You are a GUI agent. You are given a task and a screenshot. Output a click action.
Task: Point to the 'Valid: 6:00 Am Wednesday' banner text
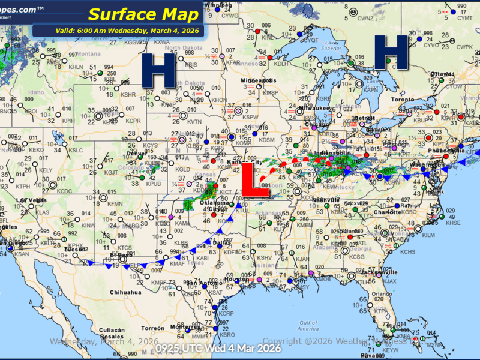(x=119, y=31)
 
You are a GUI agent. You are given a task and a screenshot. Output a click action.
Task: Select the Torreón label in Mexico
(x=153, y=329)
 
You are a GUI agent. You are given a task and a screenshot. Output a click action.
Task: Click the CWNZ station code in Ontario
(x=365, y=19)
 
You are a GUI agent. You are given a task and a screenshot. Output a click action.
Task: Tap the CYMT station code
(x=464, y=19)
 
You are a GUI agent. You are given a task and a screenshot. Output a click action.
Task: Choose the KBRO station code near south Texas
(x=227, y=335)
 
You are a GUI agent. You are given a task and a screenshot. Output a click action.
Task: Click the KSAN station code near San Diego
(x=22, y=255)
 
